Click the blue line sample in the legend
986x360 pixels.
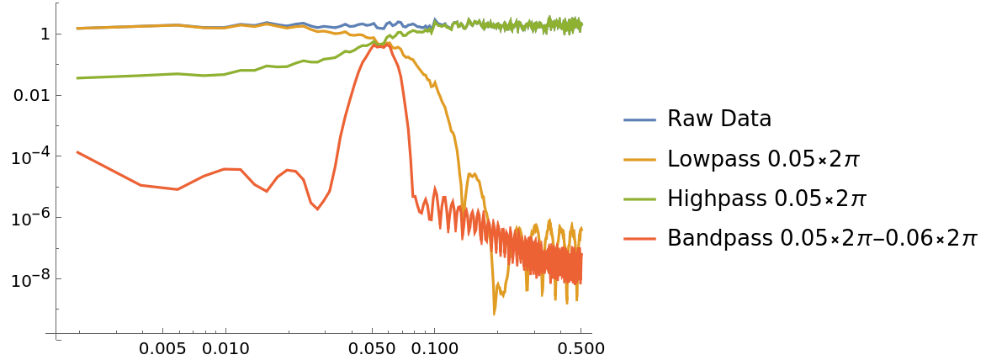639,120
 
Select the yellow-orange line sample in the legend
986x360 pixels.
639,160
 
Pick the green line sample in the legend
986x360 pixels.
639,199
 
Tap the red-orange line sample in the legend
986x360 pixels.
639,239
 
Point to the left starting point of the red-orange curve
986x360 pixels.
77,152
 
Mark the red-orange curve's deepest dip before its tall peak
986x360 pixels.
317,209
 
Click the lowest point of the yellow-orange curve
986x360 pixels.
494,315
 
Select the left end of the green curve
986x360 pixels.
77,78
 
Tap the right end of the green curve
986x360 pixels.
581,25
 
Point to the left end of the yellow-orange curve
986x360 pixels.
77,29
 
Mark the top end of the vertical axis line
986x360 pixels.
56,3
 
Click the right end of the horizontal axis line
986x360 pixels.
591,333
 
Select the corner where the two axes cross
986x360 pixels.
56,333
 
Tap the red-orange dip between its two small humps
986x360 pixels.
267,192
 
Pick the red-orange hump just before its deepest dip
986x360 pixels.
289,170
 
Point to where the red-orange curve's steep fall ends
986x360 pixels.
413,196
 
